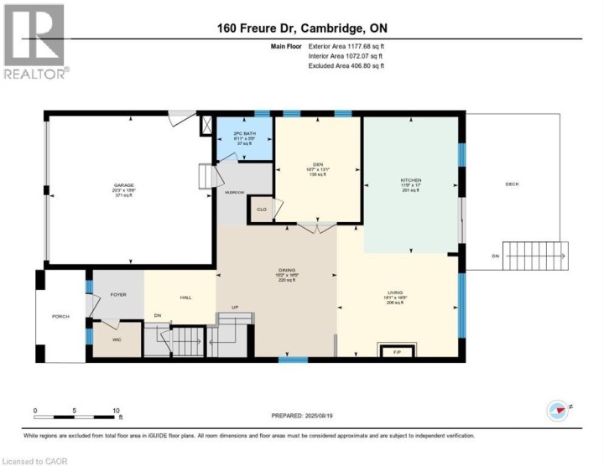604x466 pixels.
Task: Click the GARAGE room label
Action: [124, 185]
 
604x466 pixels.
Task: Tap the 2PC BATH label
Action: [244, 134]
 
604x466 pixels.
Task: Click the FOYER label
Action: [117, 294]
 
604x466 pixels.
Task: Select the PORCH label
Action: [60, 316]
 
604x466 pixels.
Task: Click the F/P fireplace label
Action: [397, 352]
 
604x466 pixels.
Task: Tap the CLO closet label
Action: [262, 209]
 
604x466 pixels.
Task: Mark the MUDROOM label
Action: [234, 193]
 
